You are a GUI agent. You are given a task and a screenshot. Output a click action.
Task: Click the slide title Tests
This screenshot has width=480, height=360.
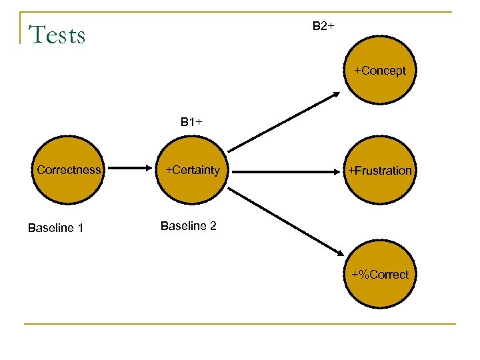[x=57, y=34]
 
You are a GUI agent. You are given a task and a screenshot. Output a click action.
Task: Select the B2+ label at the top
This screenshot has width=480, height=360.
[x=323, y=26]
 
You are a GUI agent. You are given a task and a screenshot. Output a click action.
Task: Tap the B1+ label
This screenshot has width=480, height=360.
[x=191, y=122]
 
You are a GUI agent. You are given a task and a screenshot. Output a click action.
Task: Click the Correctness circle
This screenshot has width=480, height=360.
[x=69, y=170]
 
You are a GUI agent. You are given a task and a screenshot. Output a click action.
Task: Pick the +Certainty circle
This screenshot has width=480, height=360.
[x=192, y=170]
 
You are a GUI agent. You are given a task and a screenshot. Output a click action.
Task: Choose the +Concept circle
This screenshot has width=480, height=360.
[x=379, y=71]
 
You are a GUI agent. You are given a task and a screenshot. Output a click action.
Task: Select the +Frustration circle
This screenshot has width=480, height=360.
[x=379, y=170]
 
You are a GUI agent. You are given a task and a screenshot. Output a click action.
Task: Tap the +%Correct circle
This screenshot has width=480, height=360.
[x=379, y=274]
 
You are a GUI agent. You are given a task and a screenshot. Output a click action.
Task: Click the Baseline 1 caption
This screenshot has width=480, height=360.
[x=55, y=228]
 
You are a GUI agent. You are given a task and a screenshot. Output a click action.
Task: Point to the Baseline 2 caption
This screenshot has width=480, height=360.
[x=189, y=226]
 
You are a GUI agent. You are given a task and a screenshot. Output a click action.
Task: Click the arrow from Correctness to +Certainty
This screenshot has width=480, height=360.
[x=131, y=169]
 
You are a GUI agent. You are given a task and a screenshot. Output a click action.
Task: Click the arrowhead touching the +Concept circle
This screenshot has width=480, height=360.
[x=335, y=95]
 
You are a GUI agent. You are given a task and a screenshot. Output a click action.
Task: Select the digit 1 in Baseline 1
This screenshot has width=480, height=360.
[x=80, y=228]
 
